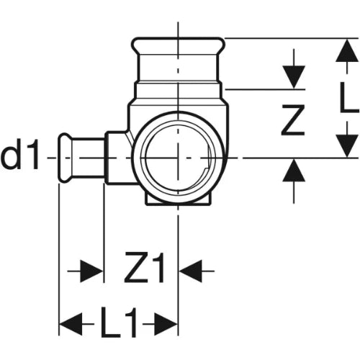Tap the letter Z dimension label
(x=293, y=120)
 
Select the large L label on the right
(x=349, y=97)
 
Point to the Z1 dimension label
(x=144, y=267)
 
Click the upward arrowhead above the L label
(x=347, y=50)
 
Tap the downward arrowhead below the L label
(x=347, y=146)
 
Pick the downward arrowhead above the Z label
(x=294, y=77)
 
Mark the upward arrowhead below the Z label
(x=294, y=171)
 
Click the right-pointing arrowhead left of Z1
(x=92, y=271)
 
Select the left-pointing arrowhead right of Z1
(x=191, y=271)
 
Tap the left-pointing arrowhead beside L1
(x=71, y=324)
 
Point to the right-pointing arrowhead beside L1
(x=166, y=324)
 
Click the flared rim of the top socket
(x=179, y=45)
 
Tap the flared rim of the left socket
(x=65, y=158)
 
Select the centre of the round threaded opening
(x=178, y=158)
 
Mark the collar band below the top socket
(x=178, y=89)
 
